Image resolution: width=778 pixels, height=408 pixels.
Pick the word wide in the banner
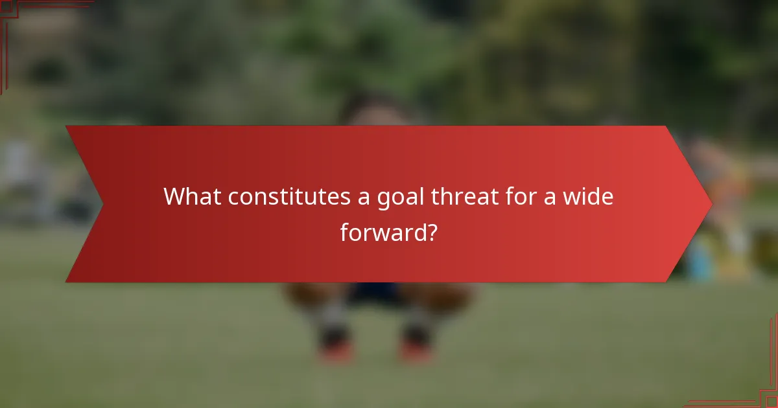point(588,196)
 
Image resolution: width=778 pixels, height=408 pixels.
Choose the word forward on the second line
point(383,232)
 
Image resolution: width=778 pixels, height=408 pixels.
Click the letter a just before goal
point(365,198)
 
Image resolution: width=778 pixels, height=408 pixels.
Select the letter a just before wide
point(551,198)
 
